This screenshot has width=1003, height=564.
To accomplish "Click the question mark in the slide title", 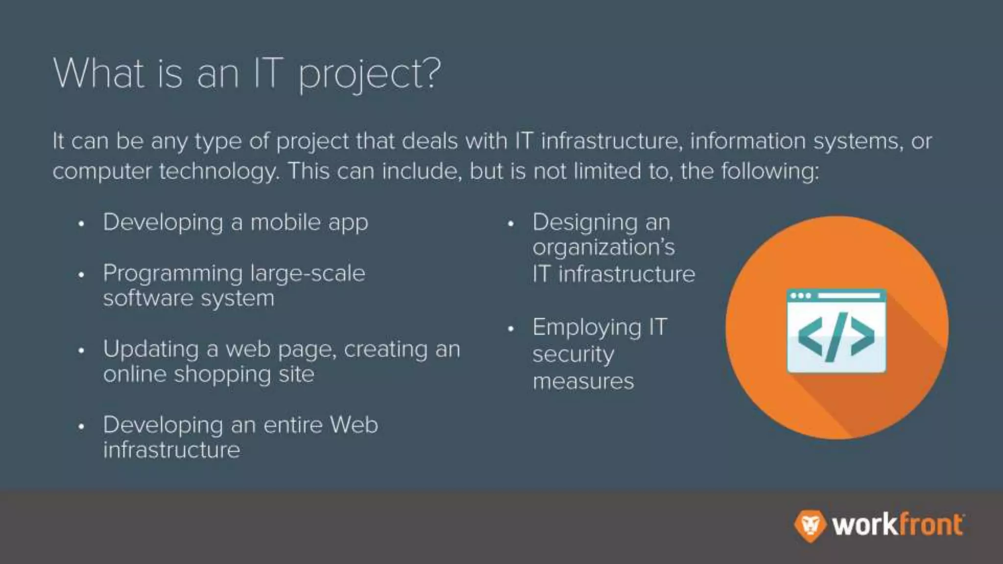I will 430,73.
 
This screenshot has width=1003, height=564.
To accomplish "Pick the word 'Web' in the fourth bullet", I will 354,424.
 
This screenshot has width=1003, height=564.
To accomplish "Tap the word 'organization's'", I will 603,248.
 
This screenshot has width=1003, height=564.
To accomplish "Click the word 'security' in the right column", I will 573,354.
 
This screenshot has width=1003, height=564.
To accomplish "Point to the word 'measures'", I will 583,381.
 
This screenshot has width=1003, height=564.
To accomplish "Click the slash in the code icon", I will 836,337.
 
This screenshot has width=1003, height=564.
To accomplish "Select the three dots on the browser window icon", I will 801,296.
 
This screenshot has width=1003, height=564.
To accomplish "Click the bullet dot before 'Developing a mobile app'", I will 81,224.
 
